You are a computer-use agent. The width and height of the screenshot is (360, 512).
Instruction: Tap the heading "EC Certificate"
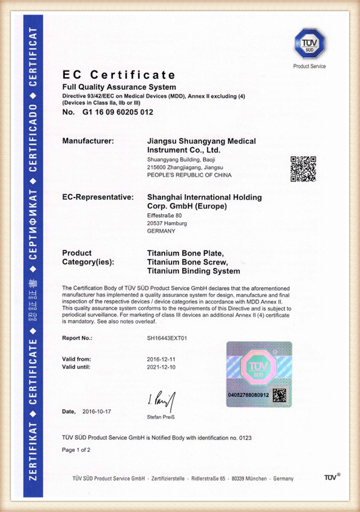pos(119,75)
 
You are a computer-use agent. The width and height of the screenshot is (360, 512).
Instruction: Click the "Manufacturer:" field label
pos(88,141)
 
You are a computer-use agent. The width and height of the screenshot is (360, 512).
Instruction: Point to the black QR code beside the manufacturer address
pos(303,169)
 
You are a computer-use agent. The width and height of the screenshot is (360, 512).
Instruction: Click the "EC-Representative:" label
pos(98,197)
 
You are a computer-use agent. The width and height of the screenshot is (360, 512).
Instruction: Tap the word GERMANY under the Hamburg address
pos(161,231)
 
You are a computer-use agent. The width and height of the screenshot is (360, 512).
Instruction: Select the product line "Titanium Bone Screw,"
pos(188,262)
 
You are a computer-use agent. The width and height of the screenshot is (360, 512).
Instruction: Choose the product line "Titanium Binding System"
pos(194,271)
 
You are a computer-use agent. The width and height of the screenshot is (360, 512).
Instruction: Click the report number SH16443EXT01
pos(168,337)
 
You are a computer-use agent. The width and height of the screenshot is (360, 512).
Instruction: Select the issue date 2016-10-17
pos(97,411)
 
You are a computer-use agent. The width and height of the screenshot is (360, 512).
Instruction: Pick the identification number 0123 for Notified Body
pos(245,437)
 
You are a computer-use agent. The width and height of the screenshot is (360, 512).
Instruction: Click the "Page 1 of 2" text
pos(76,450)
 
